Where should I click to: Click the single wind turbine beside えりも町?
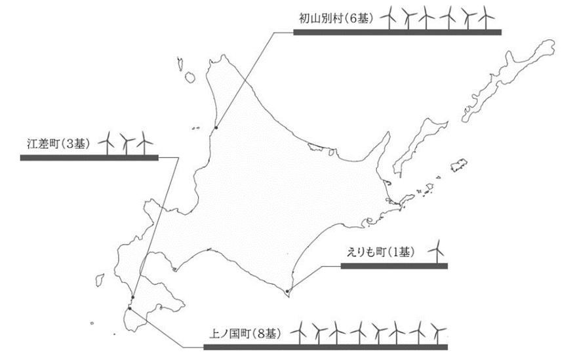[437, 250]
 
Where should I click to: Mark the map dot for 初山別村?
[216, 127]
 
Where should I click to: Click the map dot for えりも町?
[287, 290]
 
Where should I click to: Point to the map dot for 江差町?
[133, 296]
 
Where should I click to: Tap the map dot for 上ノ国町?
[130, 308]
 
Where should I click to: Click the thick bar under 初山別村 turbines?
[397, 31]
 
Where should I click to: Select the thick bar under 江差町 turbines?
[89, 157]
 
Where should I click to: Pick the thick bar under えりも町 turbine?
[394, 266]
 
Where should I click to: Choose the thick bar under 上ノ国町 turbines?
[326, 347]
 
